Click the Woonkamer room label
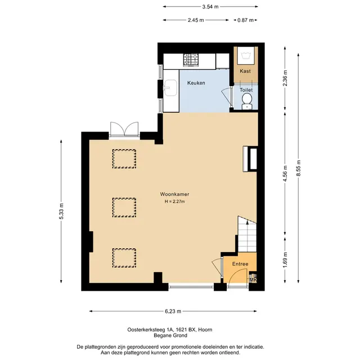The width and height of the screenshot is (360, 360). click(x=174, y=194)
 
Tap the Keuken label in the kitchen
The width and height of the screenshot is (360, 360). click(x=196, y=83)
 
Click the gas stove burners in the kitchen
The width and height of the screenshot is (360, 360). click(x=191, y=60)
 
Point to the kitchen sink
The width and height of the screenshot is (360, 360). click(x=170, y=88)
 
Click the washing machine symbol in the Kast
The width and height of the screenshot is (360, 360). click(x=246, y=56)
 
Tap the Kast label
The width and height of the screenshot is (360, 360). click(x=245, y=71)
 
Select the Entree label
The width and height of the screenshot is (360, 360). click(x=240, y=264)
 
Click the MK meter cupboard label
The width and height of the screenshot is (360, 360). click(x=253, y=280)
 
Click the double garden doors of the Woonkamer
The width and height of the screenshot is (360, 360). click(x=124, y=129)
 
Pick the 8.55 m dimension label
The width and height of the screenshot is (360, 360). click(x=299, y=168)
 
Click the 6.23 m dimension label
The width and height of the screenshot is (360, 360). click(x=173, y=311)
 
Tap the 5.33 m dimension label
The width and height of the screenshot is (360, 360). click(x=61, y=211)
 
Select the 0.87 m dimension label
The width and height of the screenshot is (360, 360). click(x=245, y=20)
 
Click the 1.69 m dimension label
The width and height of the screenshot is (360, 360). click(x=285, y=260)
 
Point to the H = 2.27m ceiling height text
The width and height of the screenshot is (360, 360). click(x=175, y=201)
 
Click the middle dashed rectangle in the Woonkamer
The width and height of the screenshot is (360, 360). click(x=124, y=208)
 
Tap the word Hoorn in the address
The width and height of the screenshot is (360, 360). click(x=205, y=330)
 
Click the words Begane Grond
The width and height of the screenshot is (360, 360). click(x=170, y=335)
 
